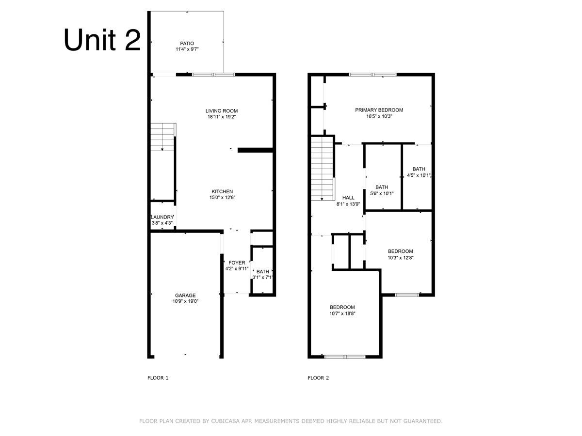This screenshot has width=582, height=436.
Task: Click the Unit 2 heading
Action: click(x=102, y=40)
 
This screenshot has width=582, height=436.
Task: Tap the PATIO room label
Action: click(x=187, y=44)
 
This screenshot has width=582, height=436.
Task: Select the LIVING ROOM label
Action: click(x=221, y=111)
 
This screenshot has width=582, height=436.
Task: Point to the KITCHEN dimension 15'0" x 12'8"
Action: click(x=222, y=197)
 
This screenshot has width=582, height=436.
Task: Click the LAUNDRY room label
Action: click(x=162, y=217)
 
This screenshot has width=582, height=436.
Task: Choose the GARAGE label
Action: click(x=185, y=295)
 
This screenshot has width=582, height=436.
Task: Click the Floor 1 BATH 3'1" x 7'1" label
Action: click(x=263, y=272)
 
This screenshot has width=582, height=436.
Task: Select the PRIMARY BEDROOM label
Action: click(x=379, y=110)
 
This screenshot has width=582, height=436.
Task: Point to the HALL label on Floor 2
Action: click(x=348, y=198)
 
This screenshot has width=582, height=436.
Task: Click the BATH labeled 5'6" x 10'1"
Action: click(x=382, y=187)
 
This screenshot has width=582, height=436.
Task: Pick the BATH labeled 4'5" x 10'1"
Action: click(x=419, y=169)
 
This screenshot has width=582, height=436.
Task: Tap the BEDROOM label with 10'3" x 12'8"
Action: click(x=400, y=251)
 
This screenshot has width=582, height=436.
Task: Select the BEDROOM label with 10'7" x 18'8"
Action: click(x=342, y=307)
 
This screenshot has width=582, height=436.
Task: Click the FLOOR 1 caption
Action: click(x=158, y=378)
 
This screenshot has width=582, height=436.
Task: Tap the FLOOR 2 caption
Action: click(x=318, y=378)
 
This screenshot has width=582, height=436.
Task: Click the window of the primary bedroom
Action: click(x=372, y=75)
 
